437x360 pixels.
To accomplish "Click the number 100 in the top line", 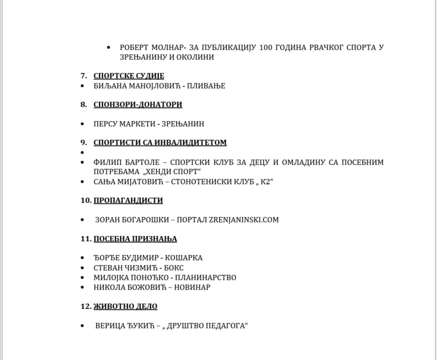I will click(265, 47).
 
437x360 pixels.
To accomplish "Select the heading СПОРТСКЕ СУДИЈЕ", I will click(129, 76).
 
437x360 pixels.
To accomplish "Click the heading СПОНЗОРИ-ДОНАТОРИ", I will click(138, 104).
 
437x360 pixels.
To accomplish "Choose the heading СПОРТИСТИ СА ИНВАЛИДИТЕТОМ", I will click(160, 142).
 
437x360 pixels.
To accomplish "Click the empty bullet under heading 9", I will click(83, 152).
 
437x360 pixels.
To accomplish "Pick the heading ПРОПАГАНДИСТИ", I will click(128, 200).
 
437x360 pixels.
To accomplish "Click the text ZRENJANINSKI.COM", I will click(244, 220).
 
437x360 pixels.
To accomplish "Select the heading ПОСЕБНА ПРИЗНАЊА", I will click(135, 239).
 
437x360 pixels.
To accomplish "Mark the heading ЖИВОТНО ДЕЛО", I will click(125, 306).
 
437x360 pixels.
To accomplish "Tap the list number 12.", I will click(85, 306).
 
